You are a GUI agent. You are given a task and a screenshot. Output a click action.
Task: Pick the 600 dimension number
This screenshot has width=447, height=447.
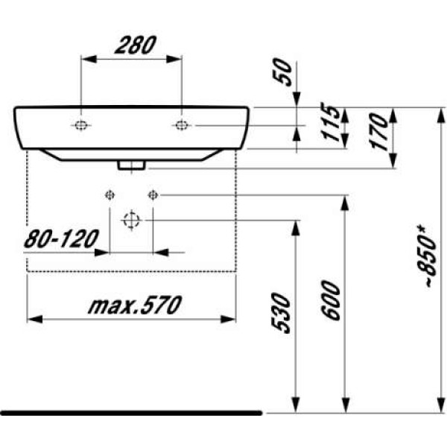click(x=333, y=300)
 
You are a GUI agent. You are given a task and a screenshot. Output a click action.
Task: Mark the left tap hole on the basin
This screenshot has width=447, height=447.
click(x=80, y=125)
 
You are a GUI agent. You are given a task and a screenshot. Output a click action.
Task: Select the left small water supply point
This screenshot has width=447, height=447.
click(x=110, y=195)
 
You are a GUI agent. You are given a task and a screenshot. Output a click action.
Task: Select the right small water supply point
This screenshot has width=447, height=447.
click(x=153, y=195)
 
